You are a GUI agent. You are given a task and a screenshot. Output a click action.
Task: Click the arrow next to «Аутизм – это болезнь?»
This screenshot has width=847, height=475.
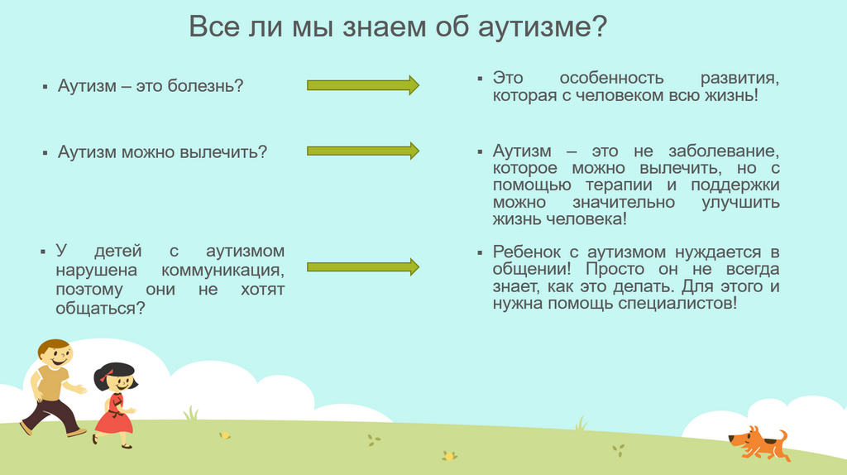pyautogui.click(x=363, y=85)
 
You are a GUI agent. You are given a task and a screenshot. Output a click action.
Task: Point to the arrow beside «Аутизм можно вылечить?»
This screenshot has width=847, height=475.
pyautogui.click(x=363, y=151)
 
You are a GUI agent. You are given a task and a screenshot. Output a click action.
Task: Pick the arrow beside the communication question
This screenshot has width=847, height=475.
pyautogui.click(x=363, y=267)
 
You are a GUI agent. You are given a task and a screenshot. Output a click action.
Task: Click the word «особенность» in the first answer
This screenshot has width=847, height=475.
pyautogui.click(x=611, y=79)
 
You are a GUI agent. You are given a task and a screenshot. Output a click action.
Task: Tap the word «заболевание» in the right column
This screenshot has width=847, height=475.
pyautogui.click(x=723, y=151)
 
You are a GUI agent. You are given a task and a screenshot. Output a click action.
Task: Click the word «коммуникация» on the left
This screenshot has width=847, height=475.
pyautogui.click(x=223, y=271)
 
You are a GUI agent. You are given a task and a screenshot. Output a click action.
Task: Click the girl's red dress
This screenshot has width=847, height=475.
pyautogui.click(x=114, y=414)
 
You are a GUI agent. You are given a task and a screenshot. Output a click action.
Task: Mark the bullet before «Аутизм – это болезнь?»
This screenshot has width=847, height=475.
pyautogui.click(x=45, y=86)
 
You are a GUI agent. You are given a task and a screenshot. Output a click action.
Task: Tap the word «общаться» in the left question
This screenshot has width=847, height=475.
pyautogui.click(x=97, y=309)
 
